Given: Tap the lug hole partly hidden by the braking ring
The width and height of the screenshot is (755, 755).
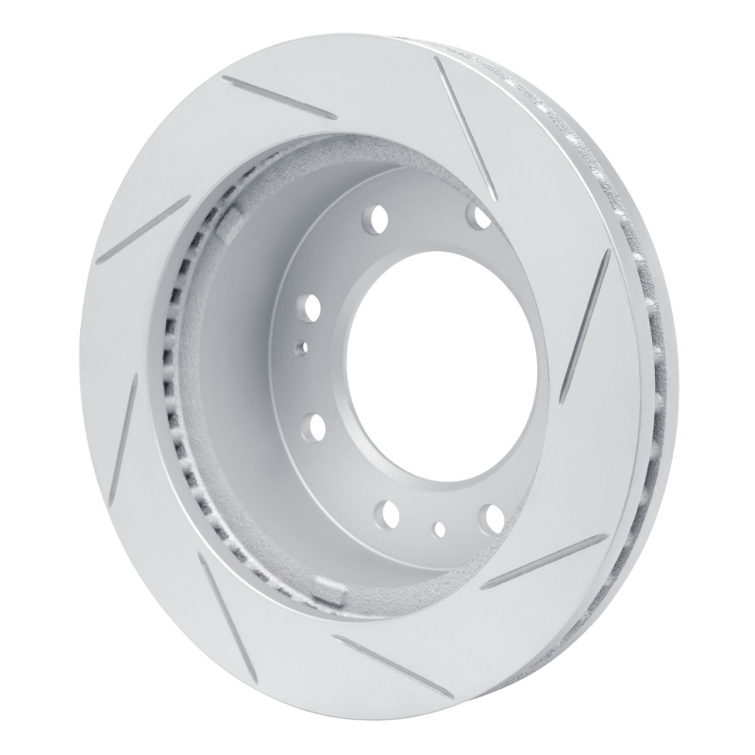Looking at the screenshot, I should pyautogui.click(x=483, y=218).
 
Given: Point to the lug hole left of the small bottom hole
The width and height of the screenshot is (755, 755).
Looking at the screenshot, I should pyautogui.click(x=388, y=513).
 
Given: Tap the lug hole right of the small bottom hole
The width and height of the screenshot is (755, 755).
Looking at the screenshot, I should pyautogui.click(x=491, y=516).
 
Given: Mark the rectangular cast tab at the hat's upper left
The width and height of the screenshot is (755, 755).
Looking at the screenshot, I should pyautogui.click(x=229, y=222).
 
